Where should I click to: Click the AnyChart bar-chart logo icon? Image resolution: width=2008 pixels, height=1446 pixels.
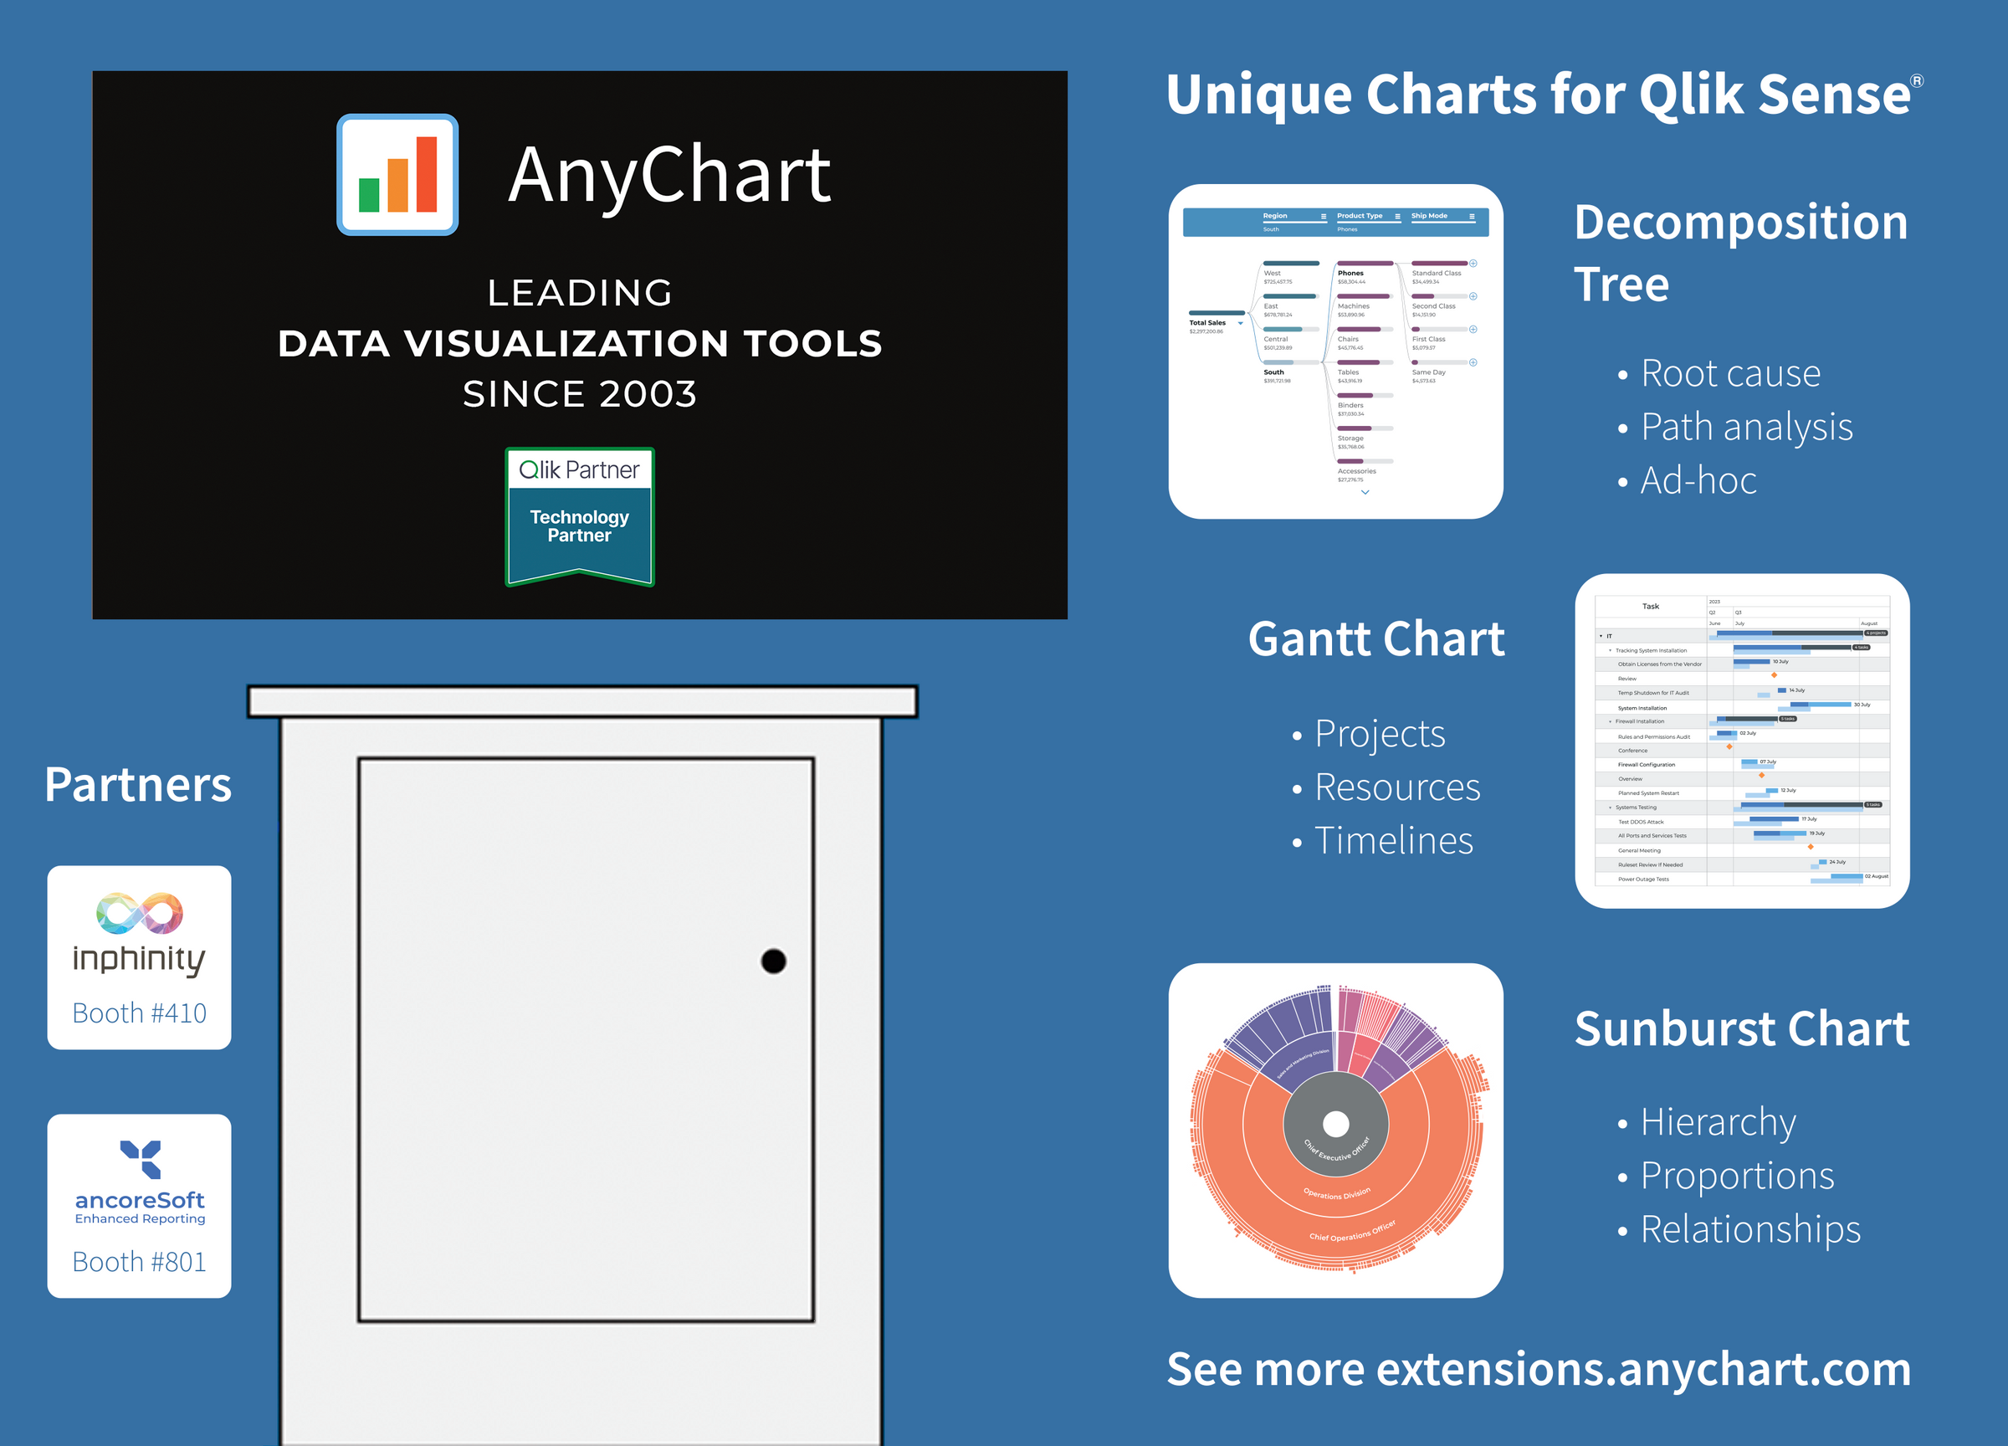tap(397, 174)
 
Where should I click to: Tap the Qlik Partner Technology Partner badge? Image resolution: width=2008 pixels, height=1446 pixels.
tap(580, 516)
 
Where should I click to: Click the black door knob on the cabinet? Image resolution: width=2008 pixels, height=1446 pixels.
tap(773, 961)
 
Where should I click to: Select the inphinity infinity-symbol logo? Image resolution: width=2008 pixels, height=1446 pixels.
tap(140, 913)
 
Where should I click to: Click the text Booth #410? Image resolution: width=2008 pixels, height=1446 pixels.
tap(139, 1012)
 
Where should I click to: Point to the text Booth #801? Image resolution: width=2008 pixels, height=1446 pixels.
tap(139, 1261)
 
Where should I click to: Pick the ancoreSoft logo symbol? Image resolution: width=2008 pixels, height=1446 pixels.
tap(141, 1158)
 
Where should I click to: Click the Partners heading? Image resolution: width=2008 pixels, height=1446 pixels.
tap(138, 785)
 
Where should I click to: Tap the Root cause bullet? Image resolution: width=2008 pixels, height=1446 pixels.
tap(1730, 372)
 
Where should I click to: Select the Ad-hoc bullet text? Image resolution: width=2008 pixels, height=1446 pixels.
tap(1698, 480)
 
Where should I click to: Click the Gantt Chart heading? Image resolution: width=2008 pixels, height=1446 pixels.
tap(1375, 638)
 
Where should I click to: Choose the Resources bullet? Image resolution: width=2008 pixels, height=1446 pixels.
tap(1396, 787)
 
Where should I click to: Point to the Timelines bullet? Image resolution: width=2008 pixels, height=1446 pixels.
tap(1393, 840)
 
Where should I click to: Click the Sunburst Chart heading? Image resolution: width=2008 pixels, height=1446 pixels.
tap(1741, 1028)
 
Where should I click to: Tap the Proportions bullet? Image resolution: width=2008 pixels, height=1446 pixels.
tap(1736, 1175)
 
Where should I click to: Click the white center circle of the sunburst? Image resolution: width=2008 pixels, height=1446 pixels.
tap(1336, 1124)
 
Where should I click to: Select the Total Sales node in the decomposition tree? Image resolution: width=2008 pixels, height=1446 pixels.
tap(1208, 323)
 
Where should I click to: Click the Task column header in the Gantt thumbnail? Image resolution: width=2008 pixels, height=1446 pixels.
tap(1650, 607)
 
